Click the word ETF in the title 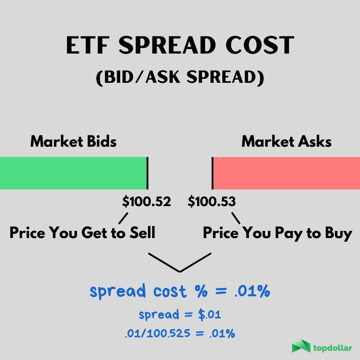click(87, 45)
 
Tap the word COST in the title click(260, 45)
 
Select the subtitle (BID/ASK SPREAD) click(180, 77)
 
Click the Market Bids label click(73, 141)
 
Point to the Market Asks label click(287, 141)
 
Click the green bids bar click(73, 173)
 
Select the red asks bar click(287, 173)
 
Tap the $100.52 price click(147, 202)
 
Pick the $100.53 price click(211, 202)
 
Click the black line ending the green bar click(148, 173)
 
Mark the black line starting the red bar click(212, 173)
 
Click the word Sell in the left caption click(142, 232)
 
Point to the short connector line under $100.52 click(123, 218)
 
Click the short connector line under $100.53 click(236, 218)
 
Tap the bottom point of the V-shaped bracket click(180, 272)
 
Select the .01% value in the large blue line click(252, 291)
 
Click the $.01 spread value click(209, 315)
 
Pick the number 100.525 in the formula click(168, 333)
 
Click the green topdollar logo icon click(301, 346)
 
